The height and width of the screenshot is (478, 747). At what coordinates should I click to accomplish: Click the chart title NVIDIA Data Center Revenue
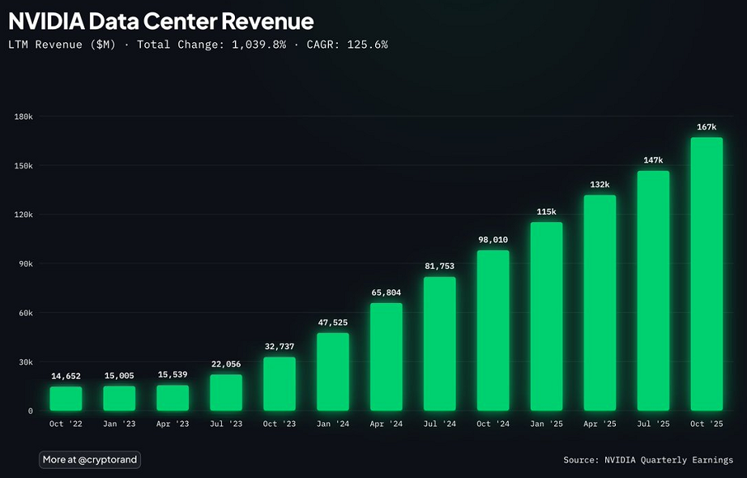(160, 21)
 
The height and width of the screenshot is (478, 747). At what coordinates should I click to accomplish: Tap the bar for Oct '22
(66, 399)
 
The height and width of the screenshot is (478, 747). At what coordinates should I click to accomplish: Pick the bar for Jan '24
(333, 372)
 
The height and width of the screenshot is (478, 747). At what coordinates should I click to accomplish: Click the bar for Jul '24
(440, 344)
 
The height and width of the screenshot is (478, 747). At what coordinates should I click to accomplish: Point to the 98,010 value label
(493, 240)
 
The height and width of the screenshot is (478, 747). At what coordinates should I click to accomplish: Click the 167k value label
(706, 127)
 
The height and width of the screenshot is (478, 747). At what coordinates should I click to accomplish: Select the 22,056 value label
(226, 364)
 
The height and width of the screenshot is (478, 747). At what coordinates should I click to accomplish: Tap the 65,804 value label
(386, 292)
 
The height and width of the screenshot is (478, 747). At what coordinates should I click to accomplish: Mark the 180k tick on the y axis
(23, 117)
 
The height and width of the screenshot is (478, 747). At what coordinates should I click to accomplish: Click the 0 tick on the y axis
(30, 411)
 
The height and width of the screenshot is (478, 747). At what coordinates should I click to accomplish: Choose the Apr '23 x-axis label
(173, 424)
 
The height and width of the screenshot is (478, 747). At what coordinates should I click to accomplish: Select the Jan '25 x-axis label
(546, 424)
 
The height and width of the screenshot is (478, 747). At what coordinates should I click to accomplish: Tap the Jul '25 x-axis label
(653, 424)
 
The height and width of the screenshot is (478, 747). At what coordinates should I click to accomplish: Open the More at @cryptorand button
(90, 459)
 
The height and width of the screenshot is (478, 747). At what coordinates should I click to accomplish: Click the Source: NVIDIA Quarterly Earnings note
(648, 460)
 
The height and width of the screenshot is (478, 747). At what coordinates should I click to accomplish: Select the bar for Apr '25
(600, 303)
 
